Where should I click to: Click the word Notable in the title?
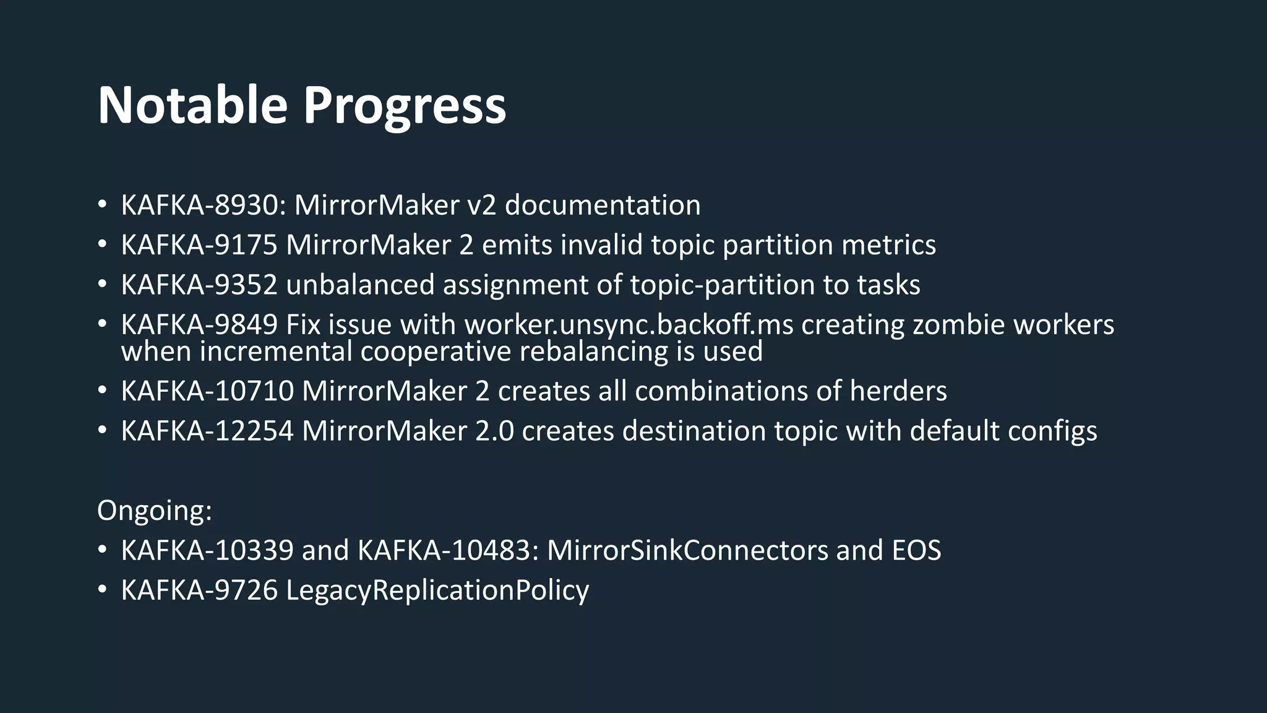tap(192, 105)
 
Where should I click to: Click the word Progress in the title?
tap(404, 106)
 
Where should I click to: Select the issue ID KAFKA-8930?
tap(202, 205)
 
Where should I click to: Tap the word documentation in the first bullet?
tap(602, 205)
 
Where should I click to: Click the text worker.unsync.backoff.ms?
tap(629, 324)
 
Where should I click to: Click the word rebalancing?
tap(593, 352)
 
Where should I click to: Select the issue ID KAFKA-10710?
tap(207, 391)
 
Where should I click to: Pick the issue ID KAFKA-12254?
tap(207, 431)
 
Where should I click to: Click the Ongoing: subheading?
tap(154, 511)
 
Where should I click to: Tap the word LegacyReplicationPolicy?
tap(437, 590)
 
